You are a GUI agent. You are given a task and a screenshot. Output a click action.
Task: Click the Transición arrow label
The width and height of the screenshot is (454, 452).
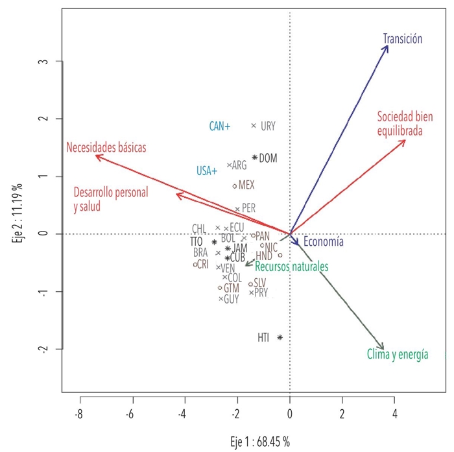(403, 38)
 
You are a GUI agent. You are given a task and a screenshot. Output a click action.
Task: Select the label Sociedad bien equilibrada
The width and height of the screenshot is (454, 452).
(405, 124)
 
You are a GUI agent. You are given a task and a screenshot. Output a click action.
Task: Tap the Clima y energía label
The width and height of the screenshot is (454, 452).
(397, 354)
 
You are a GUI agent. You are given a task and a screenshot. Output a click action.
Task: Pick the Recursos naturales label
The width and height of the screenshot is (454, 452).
(291, 266)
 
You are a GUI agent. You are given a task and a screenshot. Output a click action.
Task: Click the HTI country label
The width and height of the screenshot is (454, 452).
(263, 337)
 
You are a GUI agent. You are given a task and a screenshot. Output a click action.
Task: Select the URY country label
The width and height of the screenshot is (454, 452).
(269, 126)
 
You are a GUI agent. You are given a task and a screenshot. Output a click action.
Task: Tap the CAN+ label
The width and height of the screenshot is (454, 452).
(220, 126)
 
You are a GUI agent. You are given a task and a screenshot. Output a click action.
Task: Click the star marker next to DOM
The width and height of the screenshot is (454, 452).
(255, 157)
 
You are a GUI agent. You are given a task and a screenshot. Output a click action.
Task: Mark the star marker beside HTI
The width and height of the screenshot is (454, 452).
(280, 337)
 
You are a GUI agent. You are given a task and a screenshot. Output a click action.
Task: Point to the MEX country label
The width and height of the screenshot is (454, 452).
(246, 185)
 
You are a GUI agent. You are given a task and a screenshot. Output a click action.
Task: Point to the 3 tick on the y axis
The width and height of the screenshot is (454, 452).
(40, 62)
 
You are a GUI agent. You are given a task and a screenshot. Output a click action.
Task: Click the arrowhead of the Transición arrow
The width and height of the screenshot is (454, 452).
(387, 46)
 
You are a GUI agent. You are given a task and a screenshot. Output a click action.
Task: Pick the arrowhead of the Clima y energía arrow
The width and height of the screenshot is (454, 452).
(383, 350)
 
